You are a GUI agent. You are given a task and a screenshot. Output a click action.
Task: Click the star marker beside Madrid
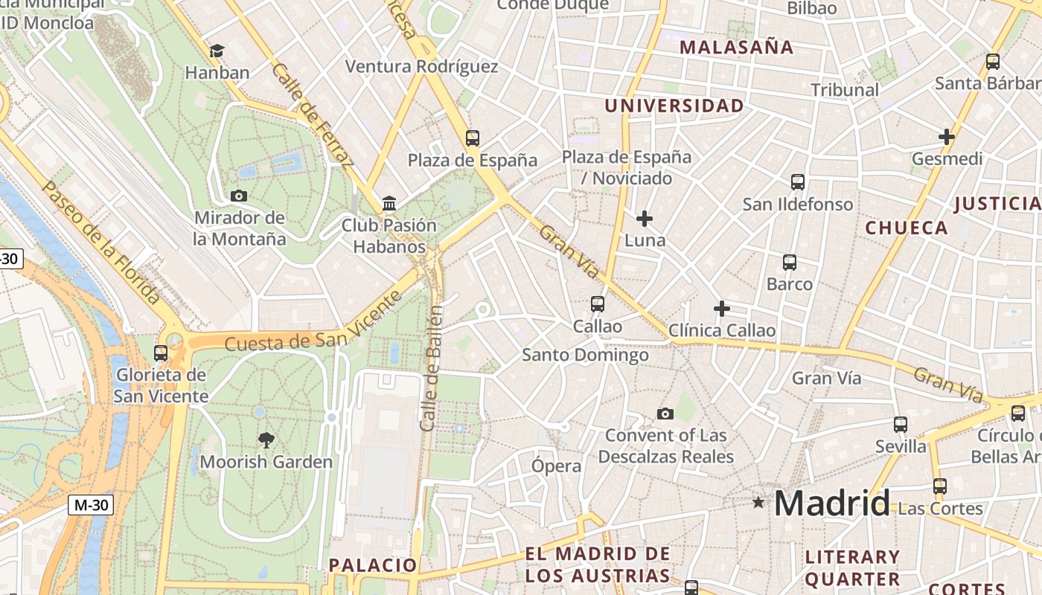(758, 503)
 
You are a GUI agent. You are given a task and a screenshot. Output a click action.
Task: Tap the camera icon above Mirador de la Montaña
(239, 196)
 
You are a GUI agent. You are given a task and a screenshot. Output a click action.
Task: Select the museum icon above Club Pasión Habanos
(389, 203)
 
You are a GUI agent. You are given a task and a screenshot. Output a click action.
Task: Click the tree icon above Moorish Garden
(266, 440)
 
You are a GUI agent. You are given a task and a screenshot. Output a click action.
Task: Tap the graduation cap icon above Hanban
(217, 51)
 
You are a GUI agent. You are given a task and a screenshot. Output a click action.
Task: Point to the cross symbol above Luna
(645, 219)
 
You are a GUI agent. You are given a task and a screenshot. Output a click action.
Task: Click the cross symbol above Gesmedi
(947, 137)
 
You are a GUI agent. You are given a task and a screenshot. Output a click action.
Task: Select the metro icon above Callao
(598, 303)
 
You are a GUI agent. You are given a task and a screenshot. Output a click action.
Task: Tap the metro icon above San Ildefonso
(798, 181)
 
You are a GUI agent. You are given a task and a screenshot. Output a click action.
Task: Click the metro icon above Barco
(790, 262)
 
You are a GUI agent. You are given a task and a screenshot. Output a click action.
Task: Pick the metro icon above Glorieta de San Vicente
(161, 353)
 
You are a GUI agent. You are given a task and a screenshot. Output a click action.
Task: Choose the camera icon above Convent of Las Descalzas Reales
(665, 414)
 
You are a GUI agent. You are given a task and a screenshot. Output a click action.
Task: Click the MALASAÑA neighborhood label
(737, 48)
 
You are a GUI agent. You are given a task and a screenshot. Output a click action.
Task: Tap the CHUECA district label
(907, 228)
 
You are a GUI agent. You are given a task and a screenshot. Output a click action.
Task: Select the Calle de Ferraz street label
(313, 115)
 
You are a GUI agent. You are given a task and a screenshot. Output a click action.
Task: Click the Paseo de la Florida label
(101, 243)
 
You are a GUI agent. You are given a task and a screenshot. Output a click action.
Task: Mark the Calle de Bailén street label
(431, 368)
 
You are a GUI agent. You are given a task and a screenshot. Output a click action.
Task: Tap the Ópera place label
(556, 466)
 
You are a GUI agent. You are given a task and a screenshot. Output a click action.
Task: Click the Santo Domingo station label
(585, 356)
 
